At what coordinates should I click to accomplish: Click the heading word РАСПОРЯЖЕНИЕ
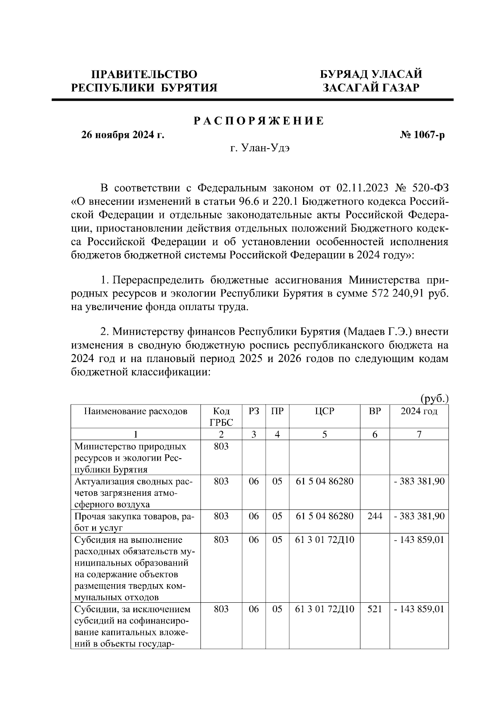tap(259, 121)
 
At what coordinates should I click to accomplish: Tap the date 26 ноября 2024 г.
tap(122, 135)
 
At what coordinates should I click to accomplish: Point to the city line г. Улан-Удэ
tap(260, 149)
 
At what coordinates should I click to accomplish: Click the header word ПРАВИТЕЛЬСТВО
tap(144, 74)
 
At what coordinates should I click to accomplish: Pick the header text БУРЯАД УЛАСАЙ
tap(371, 74)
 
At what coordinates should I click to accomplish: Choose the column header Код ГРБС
tap(221, 417)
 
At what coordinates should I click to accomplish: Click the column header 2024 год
tap(419, 411)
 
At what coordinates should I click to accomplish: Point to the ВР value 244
tap(374, 516)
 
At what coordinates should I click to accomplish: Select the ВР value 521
tap(374, 609)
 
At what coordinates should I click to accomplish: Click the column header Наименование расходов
tap(135, 411)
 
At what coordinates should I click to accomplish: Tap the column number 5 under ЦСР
tap(324, 434)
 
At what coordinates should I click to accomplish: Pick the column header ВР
tap(374, 411)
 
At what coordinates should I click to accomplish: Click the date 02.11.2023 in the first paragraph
tap(362, 188)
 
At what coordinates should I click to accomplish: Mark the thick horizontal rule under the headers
tap(252, 100)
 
